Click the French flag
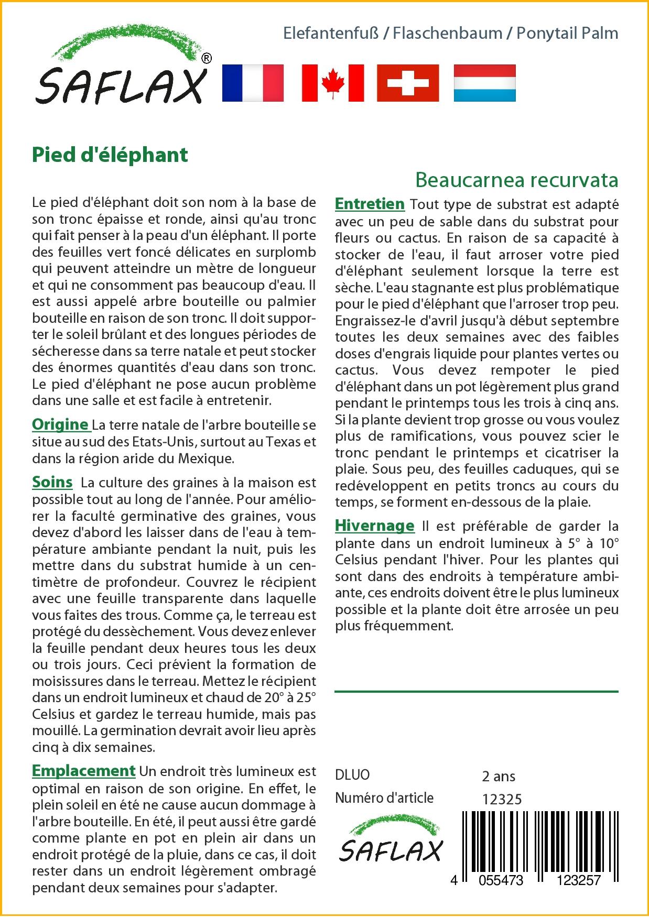(x=253, y=83)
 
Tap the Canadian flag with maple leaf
(x=333, y=83)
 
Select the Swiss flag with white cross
(x=408, y=83)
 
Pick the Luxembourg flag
(x=484, y=83)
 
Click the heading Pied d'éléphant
(x=110, y=155)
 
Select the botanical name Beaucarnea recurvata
(x=516, y=180)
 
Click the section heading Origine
(x=60, y=424)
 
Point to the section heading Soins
(x=52, y=482)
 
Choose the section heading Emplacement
(x=84, y=771)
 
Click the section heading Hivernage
(x=374, y=525)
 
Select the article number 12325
(x=502, y=799)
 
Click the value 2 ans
(x=498, y=776)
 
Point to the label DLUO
(x=352, y=775)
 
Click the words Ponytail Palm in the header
(x=567, y=34)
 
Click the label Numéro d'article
(x=384, y=798)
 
